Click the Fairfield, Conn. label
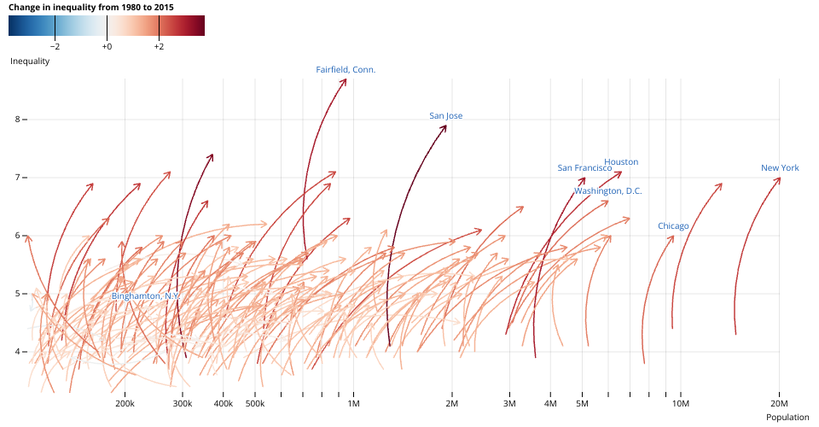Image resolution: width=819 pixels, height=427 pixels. (346, 69)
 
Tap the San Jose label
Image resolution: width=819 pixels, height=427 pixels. (445, 115)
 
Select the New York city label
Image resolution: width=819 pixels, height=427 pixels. (780, 168)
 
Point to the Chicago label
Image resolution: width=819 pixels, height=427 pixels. (673, 225)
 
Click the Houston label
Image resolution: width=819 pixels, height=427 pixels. (621, 161)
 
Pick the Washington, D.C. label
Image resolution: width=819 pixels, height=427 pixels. (607, 190)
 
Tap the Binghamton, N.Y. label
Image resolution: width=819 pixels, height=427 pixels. (145, 295)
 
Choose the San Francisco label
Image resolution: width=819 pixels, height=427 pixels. (584, 168)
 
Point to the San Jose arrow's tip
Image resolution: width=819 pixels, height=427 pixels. (445, 126)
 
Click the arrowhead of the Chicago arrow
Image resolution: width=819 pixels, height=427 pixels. (673, 236)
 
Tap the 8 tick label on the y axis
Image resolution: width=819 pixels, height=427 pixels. (17, 120)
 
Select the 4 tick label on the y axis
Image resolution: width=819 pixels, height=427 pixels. (17, 352)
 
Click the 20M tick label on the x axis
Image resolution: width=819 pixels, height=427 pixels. (779, 403)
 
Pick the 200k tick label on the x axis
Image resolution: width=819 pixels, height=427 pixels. (125, 403)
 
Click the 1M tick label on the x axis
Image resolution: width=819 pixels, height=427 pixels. (353, 403)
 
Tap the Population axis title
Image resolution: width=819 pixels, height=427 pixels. (787, 417)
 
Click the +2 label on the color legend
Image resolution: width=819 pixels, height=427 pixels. (159, 47)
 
